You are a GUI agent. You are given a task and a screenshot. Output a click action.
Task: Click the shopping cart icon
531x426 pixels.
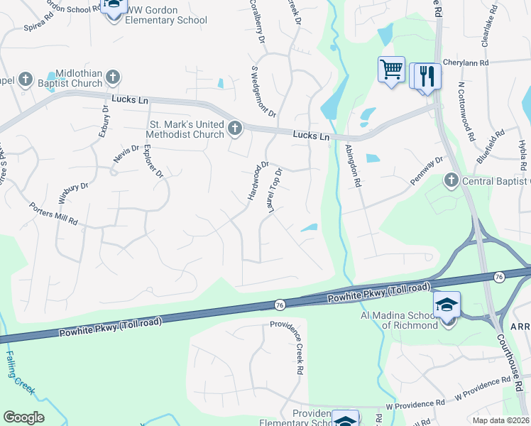click(x=391, y=70)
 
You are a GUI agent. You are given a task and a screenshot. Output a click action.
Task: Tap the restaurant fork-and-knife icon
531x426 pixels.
click(x=426, y=75)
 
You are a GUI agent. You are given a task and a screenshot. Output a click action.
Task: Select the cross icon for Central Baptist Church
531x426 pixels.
click(x=450, y=180)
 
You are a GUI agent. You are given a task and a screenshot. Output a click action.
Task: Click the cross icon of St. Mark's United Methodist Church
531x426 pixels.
click(x=235, y=129)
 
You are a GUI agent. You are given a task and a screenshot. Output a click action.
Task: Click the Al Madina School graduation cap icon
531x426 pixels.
click(x=447, y=305)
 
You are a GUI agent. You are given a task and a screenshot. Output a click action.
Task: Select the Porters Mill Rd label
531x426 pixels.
click(x=53, y=214)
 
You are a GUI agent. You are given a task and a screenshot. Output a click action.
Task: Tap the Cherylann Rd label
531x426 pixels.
click(x=465, y=62)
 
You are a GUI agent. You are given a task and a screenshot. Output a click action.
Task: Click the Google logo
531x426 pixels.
click(x=23, y=417)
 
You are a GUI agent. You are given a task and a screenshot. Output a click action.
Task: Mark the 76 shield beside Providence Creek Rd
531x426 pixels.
click(x=279, y=305)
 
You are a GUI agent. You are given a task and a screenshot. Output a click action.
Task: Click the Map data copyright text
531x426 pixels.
click(x=500, y=420)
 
